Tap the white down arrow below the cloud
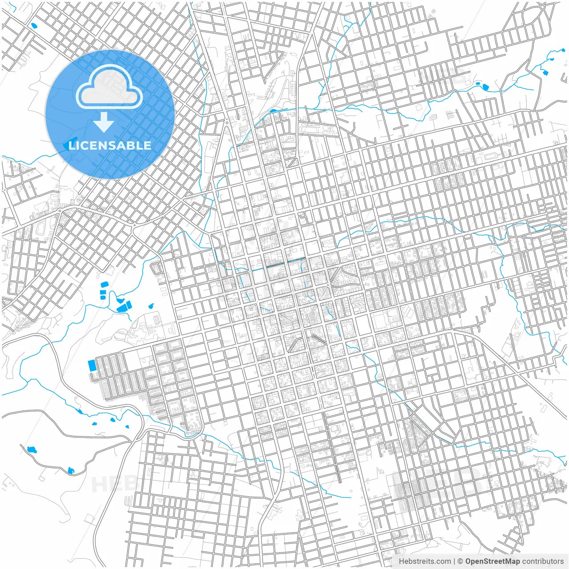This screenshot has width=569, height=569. [x=104, y=123]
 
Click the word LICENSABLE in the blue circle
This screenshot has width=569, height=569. [x=110, y=145]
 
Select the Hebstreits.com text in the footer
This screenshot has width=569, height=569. [x=425, y=561]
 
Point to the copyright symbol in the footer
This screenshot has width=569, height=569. [x=461, y=561]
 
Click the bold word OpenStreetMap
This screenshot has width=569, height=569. [x=493, y=561]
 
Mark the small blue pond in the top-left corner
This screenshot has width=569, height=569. [x=33, y=25]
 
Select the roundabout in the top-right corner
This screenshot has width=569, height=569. [x=543, y=7]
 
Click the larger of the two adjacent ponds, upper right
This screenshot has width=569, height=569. [x=485, y=86]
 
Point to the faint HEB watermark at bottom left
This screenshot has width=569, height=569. [x=111, y=484]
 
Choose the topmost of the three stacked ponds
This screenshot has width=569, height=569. [x=104, y=284]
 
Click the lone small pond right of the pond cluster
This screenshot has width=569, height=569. [x=151, y=306]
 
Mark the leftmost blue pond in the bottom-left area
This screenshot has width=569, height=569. [x=31, y=450]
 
